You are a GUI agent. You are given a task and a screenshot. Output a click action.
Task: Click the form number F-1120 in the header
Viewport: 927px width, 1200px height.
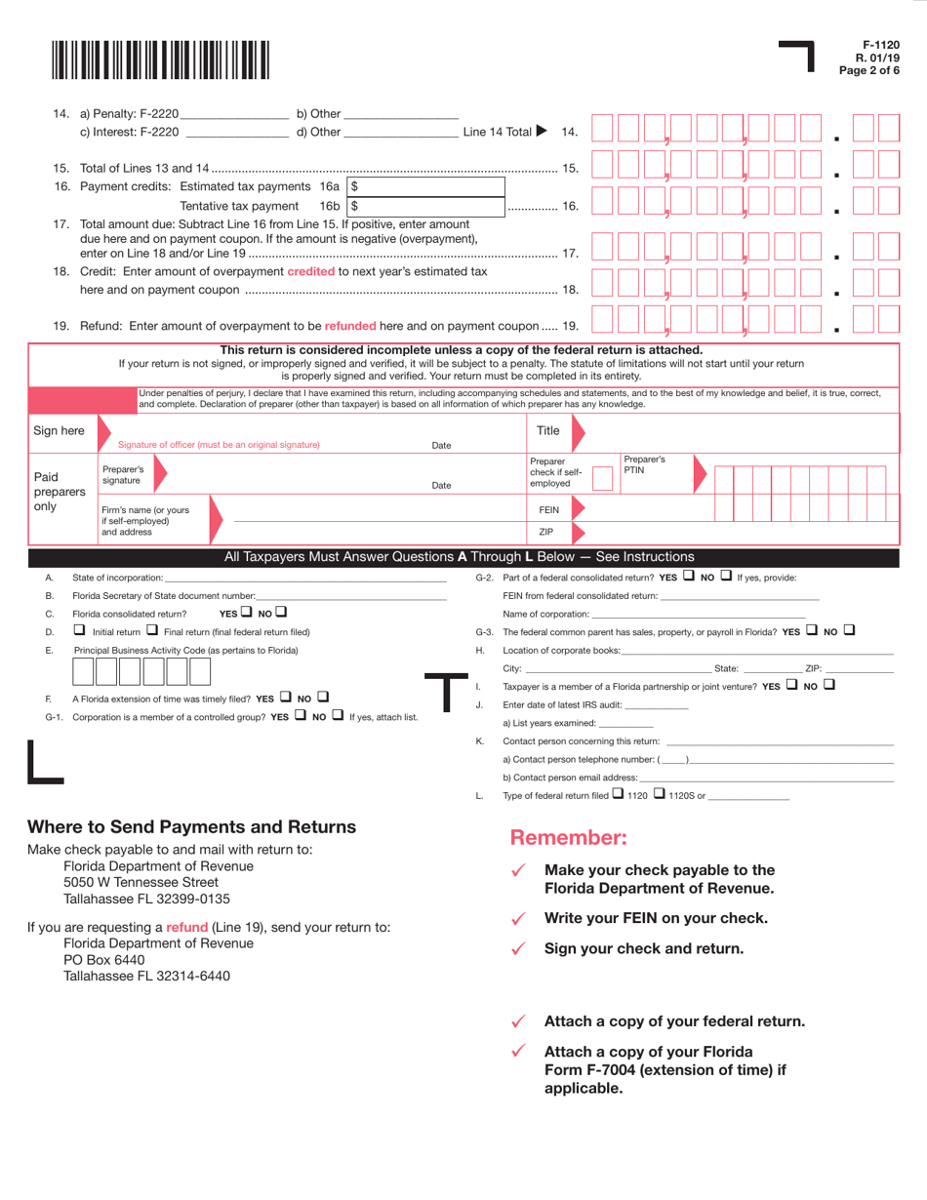(881, 45)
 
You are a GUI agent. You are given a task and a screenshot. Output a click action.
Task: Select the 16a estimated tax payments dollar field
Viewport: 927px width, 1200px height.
(426, 185)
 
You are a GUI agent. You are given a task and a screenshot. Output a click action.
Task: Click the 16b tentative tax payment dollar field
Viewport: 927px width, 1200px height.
(426, 206)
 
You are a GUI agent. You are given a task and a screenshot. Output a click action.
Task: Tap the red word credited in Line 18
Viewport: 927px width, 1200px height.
(310, 271)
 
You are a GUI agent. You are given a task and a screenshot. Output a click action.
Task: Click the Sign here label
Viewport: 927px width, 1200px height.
(59, 430)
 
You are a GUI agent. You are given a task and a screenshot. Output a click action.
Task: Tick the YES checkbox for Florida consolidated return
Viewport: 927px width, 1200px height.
(247, 613)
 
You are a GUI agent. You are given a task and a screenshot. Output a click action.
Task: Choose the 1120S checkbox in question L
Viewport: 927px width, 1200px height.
(660, 794)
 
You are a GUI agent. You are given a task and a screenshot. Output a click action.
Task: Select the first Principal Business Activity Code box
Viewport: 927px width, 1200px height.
(82, 671)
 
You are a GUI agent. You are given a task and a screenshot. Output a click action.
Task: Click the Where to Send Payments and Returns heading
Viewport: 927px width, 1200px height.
(191, 827)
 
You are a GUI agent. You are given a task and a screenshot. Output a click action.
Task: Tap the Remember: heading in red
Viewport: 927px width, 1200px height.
(568, 837)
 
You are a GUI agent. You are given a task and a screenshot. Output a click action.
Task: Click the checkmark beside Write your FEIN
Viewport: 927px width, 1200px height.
(519, 918)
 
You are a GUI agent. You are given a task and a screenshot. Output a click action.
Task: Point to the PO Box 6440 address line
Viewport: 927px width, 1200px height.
(103, 959)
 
